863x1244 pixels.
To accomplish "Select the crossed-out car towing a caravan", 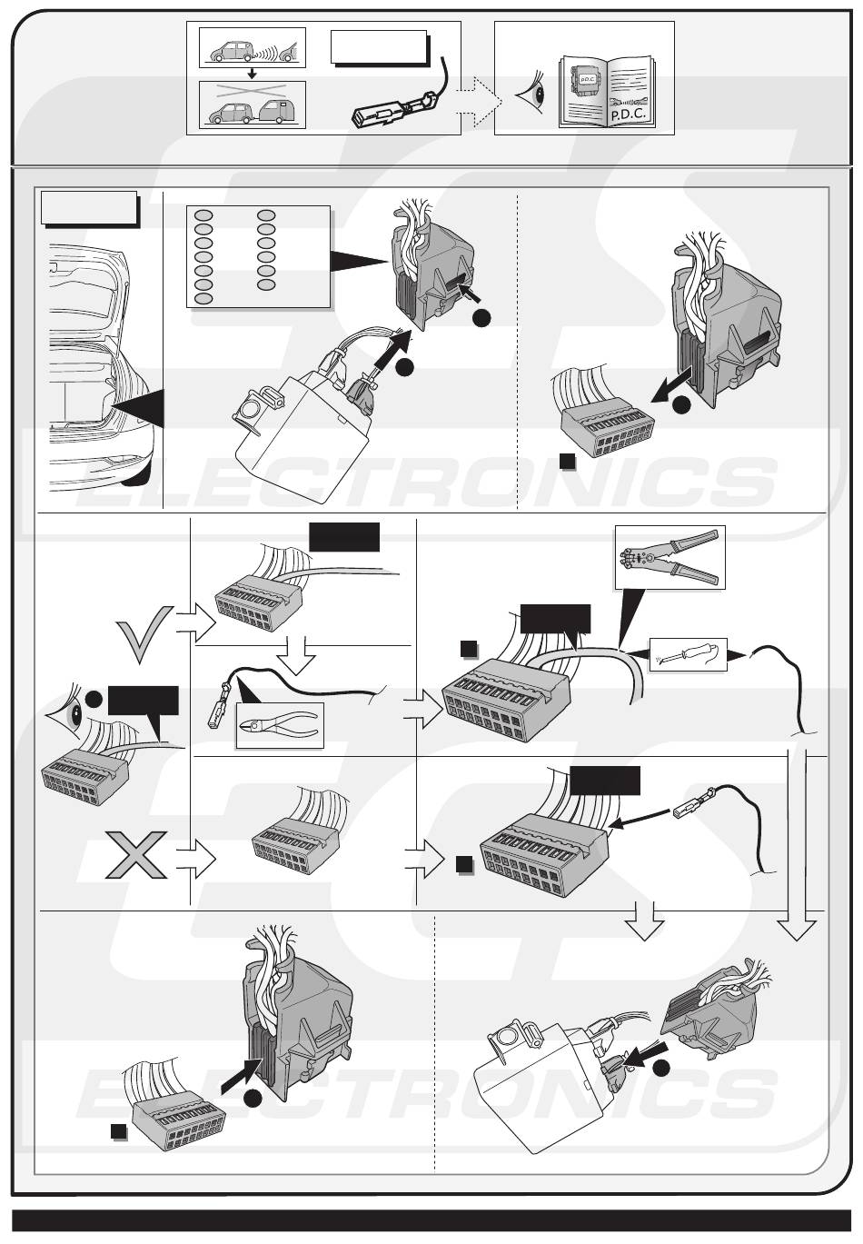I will coord(253,105).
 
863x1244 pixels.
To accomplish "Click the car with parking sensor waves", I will coord(253,48).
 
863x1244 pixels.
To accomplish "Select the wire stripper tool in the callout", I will coord(670,556).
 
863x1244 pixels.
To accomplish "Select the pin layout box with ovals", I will coord(257,256).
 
